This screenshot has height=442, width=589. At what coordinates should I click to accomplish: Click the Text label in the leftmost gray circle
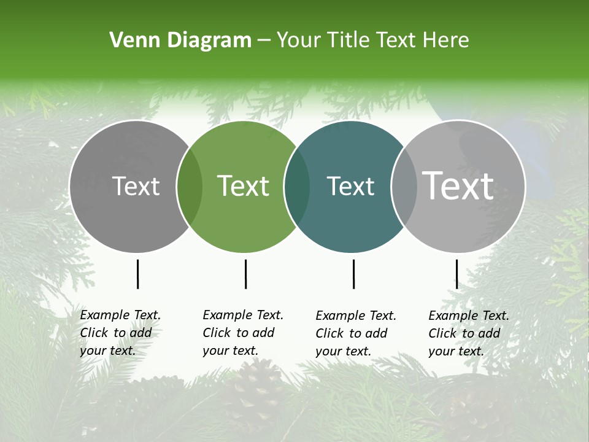coord(136,186)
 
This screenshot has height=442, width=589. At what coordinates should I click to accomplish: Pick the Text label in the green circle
coord(243,186)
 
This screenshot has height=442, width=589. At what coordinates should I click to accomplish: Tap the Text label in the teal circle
coord(350,186)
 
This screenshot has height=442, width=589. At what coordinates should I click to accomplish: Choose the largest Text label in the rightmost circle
coord(458,185)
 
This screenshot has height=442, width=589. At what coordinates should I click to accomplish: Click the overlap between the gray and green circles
coord(190,187)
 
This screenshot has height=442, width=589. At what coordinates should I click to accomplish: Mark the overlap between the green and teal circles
coord(297,187)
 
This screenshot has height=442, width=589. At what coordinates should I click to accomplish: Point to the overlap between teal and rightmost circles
coord(404,187)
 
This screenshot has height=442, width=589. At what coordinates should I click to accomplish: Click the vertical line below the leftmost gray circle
coord(137,274)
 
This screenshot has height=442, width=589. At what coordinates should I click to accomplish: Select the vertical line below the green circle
coord(245,274)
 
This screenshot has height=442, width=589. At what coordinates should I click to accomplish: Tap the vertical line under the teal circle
coord(353,274)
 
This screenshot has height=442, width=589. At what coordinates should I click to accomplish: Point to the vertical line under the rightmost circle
coord(456,274)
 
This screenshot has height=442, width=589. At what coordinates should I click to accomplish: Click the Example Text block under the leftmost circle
coord(120,333)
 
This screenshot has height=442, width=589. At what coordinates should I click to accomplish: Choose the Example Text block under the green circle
coord(242,333)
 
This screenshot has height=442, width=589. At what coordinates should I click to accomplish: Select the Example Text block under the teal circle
coord(355,333)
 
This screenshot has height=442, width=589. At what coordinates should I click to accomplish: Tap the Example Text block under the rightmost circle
coord(468,333)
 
